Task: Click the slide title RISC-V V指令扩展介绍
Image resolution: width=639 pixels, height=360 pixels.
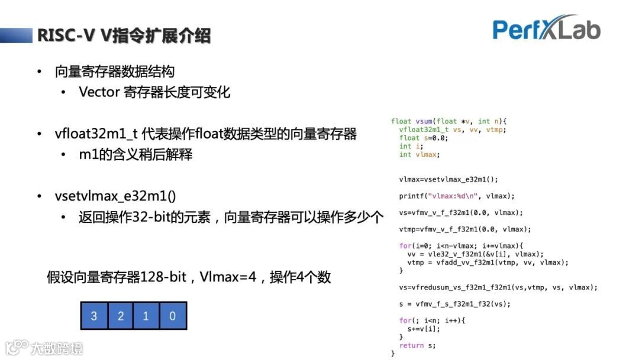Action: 124,36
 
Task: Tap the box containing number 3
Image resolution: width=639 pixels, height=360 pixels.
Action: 94,316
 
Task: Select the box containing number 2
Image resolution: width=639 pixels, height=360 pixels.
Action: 121,316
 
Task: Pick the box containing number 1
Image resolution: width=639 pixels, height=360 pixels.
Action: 146,316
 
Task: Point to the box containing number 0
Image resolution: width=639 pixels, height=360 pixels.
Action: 173,316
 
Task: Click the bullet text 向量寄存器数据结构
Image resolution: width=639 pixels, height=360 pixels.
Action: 114,72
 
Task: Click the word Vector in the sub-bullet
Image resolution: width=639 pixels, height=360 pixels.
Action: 99,92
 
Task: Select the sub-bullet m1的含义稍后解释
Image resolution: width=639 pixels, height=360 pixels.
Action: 135,155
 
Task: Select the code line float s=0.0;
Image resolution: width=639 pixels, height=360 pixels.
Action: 424,138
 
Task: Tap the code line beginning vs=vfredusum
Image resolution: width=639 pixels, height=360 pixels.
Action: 498,287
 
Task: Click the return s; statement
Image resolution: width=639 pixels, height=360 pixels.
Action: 417,345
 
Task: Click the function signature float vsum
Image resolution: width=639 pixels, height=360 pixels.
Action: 449,121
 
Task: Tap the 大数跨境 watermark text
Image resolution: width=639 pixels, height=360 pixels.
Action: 57,348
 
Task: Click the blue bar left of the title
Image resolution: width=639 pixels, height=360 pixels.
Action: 16,36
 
